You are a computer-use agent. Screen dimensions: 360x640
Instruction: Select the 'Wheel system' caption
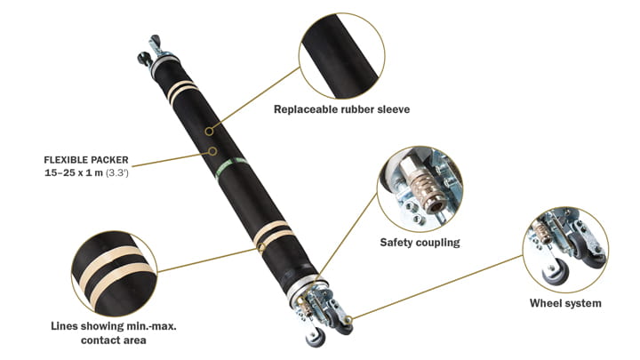click(x=565, y=303)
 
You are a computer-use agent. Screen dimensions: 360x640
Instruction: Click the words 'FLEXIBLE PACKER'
click(x=86, y=160)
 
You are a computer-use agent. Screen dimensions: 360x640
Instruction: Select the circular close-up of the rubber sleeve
click(x=347, y=52)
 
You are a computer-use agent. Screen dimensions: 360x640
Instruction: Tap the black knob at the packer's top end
click(x=144, y=60)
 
